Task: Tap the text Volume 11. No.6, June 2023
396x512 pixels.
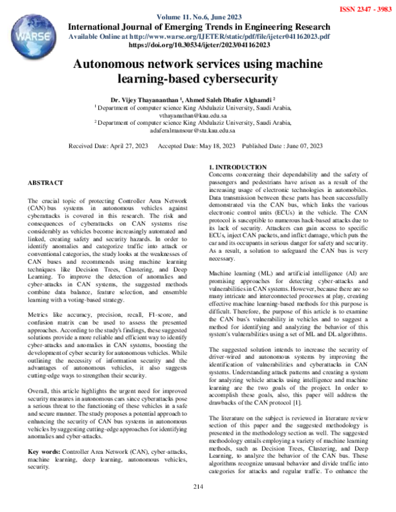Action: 198,16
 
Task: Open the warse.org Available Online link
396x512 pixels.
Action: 198,36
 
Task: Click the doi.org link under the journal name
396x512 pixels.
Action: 198,46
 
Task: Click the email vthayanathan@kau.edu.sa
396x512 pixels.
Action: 198,113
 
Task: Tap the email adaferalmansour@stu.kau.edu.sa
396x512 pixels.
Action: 198,131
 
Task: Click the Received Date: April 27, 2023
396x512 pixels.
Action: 108,146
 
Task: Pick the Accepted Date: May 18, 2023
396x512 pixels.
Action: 197,146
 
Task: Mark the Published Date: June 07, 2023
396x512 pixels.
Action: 282,146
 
